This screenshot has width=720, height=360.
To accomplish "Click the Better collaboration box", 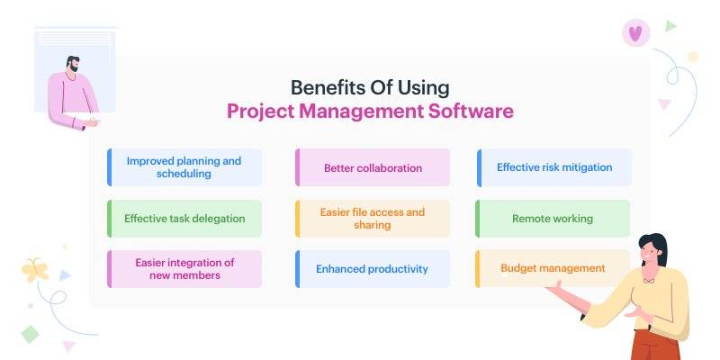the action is point(373,167).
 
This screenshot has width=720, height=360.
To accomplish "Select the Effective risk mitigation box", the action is point(553,167).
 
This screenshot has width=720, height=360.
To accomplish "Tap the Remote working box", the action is point(553,219).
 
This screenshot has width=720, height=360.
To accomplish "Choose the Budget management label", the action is point(553,268).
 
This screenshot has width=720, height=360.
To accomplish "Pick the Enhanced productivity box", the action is point(373,269).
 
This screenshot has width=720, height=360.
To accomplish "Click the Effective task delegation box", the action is point(184,219).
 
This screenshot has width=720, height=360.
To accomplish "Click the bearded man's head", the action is point(72,64).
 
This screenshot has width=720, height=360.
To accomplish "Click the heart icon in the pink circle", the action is point(635,33).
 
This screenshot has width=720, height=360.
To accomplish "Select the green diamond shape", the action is point(31,334).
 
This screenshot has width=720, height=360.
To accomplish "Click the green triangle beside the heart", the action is point(670,26).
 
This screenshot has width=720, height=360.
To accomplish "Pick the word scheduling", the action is point(184,174).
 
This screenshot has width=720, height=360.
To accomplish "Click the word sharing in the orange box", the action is point(373,225).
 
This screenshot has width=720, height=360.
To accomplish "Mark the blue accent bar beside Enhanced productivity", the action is point(297,269).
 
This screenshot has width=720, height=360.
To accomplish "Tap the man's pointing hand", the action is point(92,122).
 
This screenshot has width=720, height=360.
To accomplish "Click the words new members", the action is point(184,275).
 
